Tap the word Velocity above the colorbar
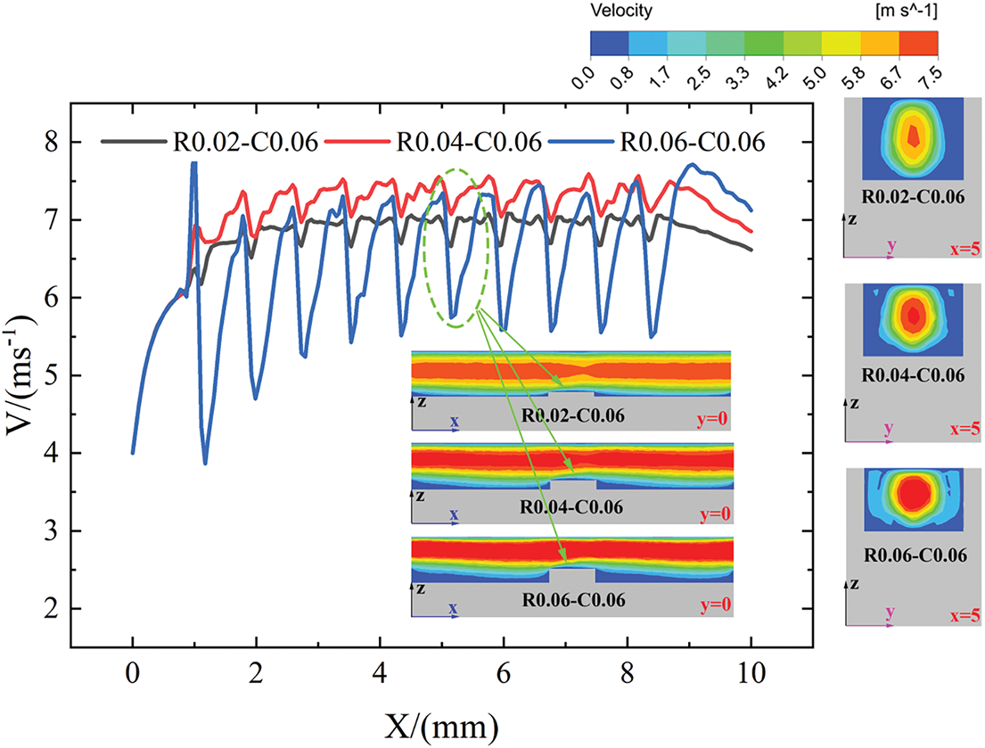pos(621,12)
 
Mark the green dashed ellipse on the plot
pos(456,248)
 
